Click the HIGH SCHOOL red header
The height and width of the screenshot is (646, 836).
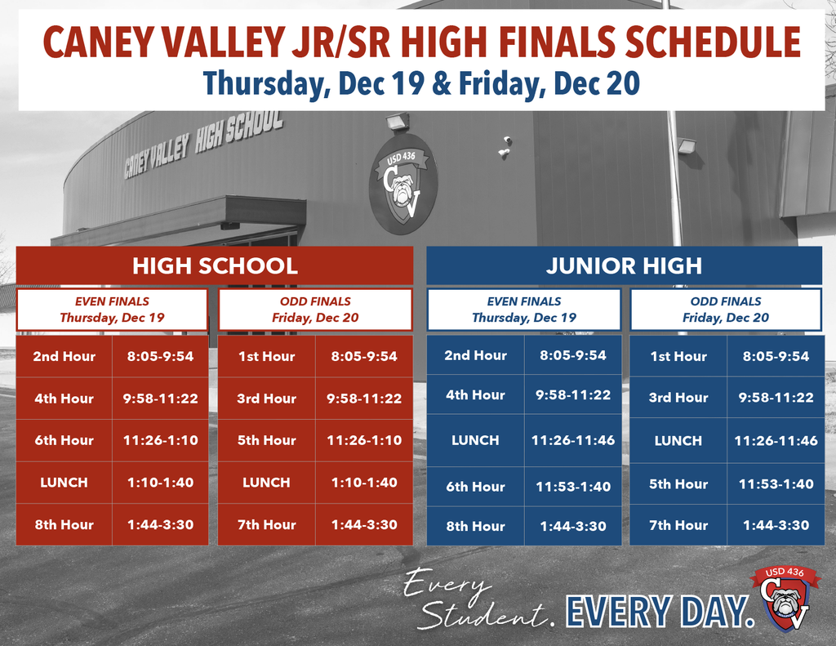[215, 265]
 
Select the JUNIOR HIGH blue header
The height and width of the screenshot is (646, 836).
[624, 265]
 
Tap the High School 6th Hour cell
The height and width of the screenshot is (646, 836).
[64, 440]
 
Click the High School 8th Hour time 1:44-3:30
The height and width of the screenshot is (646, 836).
[160, 525]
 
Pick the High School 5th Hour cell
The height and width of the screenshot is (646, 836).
[266, 440]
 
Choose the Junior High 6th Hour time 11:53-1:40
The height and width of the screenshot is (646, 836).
[573, 487]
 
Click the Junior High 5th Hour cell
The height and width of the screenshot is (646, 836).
[678, 484]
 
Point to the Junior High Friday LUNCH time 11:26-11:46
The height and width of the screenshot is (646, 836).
[776, 441]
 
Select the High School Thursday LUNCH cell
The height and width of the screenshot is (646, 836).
[64, 483]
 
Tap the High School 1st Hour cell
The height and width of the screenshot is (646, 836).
[266, 357]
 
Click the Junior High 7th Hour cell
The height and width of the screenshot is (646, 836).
[678, 526]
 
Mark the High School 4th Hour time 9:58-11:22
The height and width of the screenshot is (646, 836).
[160, 399]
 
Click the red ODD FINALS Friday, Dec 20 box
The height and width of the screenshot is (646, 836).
[315, 310]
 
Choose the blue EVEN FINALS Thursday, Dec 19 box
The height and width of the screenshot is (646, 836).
[523, 310]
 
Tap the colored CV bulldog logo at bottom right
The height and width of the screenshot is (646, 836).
[784, 599]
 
